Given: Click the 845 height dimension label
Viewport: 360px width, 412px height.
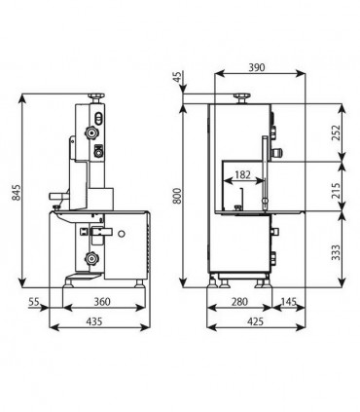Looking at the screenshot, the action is coord(16,192).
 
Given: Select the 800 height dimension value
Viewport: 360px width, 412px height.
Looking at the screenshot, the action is coord(177,196).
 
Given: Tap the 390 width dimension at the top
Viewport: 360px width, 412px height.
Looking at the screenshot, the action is coord(257,67).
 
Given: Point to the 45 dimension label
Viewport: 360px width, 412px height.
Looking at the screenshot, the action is coord(178,77).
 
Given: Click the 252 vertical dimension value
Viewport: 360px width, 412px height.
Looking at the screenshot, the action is coord(338,132).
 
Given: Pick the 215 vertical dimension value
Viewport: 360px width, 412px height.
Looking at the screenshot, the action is coord(338,191).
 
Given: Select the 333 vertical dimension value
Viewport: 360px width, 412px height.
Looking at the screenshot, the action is coord(338,252).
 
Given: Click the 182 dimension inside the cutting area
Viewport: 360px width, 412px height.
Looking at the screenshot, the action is coord(242,174).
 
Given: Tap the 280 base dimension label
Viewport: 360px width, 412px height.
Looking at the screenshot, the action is coord(239,302).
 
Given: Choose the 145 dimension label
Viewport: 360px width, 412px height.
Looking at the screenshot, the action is coord(288,302).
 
